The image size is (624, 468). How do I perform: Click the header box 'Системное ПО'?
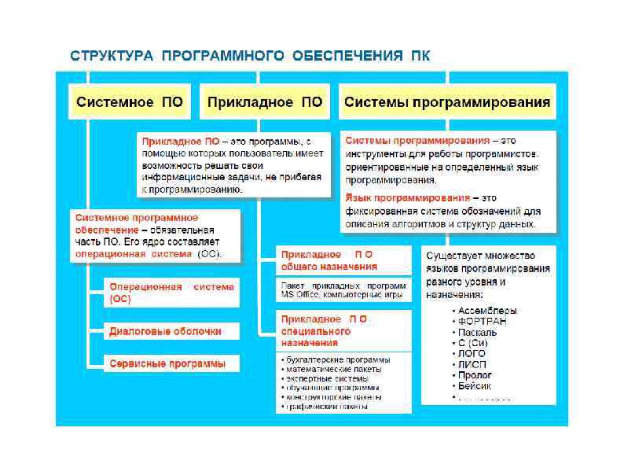129,102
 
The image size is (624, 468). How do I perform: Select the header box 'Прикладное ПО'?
264,102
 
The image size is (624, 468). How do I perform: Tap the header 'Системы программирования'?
447,102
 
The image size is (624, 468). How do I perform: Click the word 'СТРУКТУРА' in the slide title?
112,57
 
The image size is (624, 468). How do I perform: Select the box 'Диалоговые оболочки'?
165,331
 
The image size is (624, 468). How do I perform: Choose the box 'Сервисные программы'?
167,363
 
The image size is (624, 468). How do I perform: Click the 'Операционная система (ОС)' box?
171,293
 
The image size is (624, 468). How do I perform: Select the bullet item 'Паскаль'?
477,332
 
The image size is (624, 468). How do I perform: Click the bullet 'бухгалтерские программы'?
334,359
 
